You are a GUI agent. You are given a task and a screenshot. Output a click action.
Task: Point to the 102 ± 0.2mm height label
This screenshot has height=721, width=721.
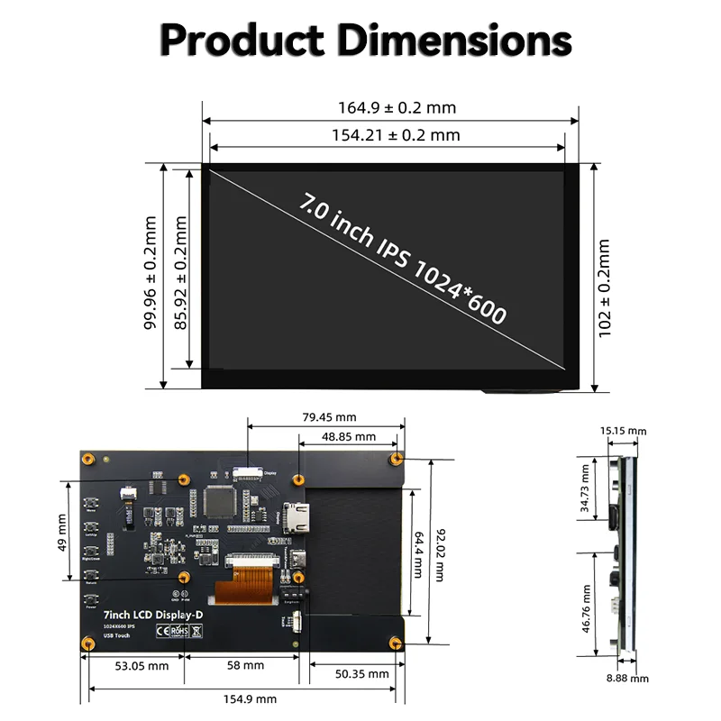[605, 288]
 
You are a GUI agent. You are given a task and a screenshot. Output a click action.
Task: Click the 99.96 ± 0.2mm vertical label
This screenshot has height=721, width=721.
[151, 272]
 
